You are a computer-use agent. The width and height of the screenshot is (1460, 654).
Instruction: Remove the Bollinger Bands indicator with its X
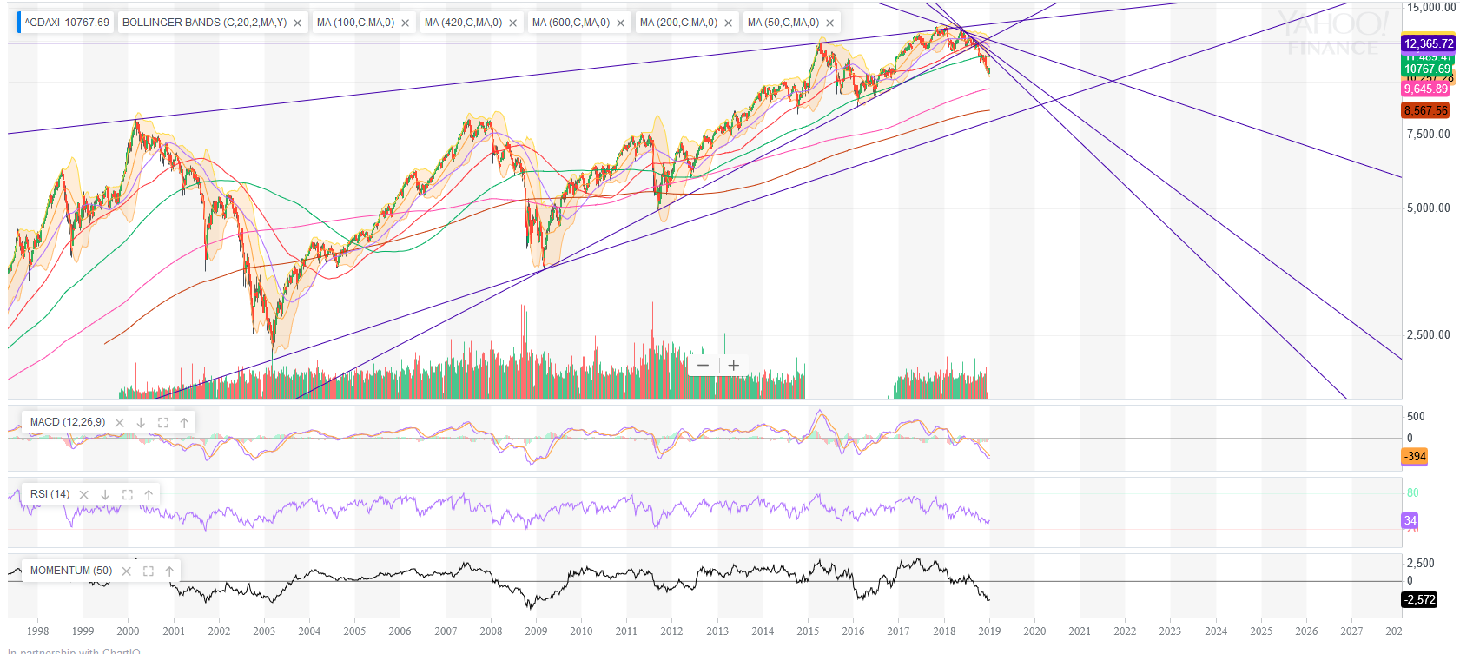coord(298,23)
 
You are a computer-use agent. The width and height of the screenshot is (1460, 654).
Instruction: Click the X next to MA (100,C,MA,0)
coord(406,23)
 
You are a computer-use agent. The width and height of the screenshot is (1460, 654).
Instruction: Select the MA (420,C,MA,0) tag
coord(463,23)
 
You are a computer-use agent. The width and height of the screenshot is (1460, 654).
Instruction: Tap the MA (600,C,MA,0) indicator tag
coord(571,23)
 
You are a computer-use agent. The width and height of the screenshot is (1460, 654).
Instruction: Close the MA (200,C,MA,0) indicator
coord(729,23)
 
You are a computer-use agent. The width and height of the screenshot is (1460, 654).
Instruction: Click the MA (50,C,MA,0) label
coord(783,23)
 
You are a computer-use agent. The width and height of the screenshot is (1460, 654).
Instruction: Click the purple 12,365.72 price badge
coord(1428,43)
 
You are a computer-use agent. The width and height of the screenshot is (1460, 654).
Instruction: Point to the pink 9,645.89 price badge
coord(1425,89)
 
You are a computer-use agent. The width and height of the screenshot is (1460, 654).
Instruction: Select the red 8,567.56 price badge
coord(1425,110)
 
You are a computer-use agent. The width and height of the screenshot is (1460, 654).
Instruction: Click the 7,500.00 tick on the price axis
coord(1428,134)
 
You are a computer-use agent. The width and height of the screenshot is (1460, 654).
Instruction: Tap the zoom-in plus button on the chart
coord(734,366)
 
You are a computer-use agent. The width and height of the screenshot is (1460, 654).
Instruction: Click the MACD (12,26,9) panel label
coord(68,422)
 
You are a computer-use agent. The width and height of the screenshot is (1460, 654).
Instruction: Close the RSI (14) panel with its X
coord(84,495)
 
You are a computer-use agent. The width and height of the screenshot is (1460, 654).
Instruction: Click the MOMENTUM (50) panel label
coord(71,571)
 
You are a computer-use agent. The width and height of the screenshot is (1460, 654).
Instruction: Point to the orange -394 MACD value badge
coord(1415,456)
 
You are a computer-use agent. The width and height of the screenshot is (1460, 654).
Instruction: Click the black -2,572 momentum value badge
coord(1419,599)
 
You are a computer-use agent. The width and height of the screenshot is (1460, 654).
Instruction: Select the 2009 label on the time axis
coord(536,631)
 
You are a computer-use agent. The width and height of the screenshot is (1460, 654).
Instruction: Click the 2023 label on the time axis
coord(1170,631)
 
